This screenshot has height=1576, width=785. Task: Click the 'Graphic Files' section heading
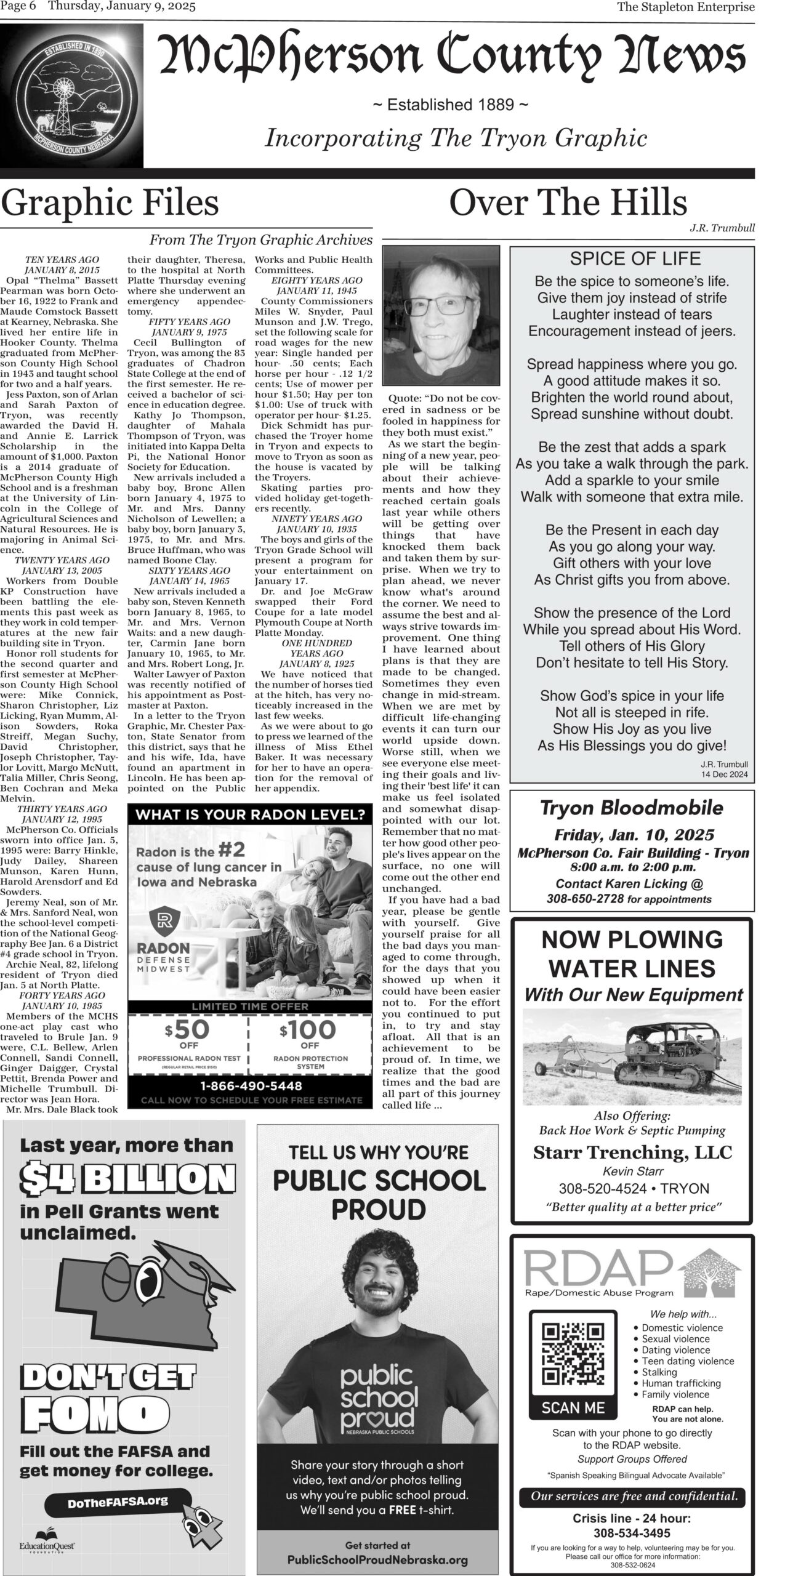click(x=110, y=204)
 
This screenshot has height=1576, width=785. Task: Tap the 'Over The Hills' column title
click(x=568, y=204)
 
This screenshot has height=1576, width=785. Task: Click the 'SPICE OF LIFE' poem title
click(x=635, y=259)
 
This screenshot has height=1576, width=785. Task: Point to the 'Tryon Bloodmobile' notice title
click(x=632, y=808)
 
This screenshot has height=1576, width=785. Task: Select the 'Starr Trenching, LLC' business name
click(x=632, y=1152)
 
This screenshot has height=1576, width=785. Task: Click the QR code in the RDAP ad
click(x=573, y=1345)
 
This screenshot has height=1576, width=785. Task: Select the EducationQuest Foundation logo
click(x=47, y=1543)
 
